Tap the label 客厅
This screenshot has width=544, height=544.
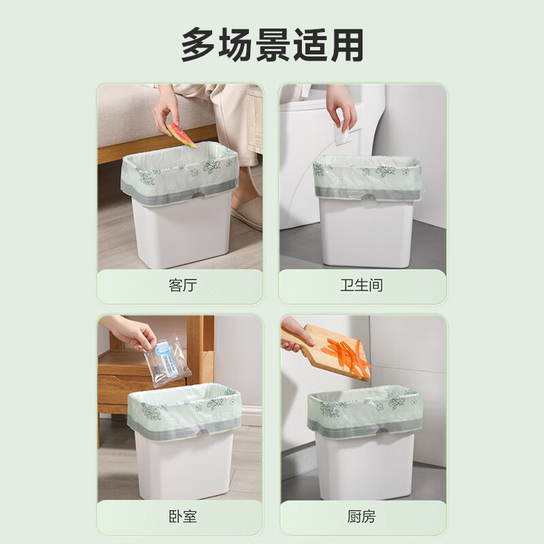[x=182, y=286]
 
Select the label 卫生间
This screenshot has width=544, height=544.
[x=362, y=286]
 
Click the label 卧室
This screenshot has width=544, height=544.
[x=182, y=517]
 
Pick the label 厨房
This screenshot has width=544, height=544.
[x=362, y=517]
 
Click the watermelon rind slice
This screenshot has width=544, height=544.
[x=181, y=135]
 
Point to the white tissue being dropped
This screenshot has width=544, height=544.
[x=343, y=135]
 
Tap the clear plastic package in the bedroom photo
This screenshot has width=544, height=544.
[x=166, y=359]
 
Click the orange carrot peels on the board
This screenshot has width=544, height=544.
[x=348, y=355]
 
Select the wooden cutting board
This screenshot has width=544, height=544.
[x=326, y=343]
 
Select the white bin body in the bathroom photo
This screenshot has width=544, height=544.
[x=366, y=231]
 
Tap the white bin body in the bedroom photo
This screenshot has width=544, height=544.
[x=184, y=466]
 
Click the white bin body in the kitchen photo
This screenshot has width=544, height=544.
[x=366, y=466]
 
